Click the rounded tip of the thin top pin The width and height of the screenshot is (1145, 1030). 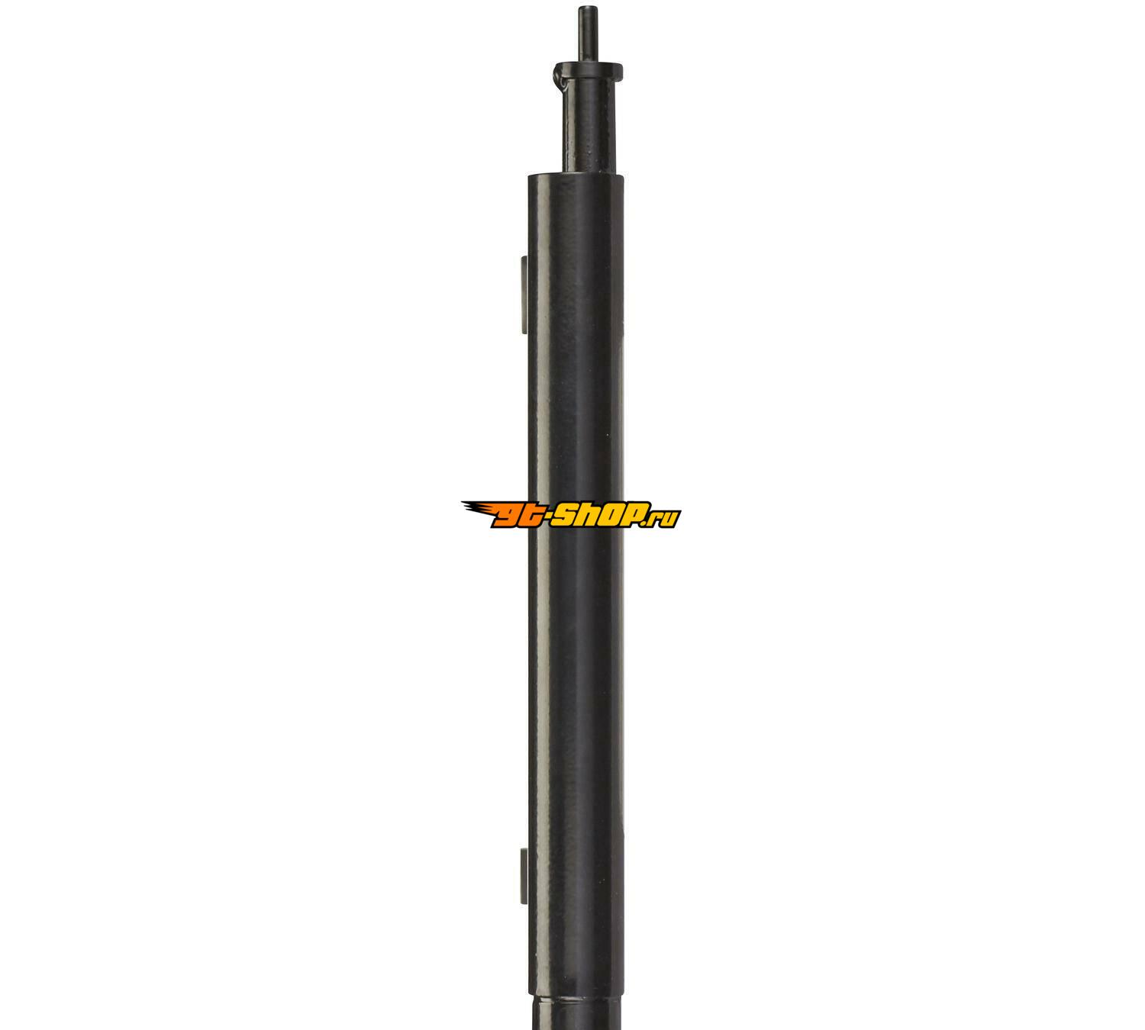coord(587,8)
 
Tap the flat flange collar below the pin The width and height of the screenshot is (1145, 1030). coord(589,71)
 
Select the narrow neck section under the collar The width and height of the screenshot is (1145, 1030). coord(589,127)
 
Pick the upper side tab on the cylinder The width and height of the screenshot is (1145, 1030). coord(524,294)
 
